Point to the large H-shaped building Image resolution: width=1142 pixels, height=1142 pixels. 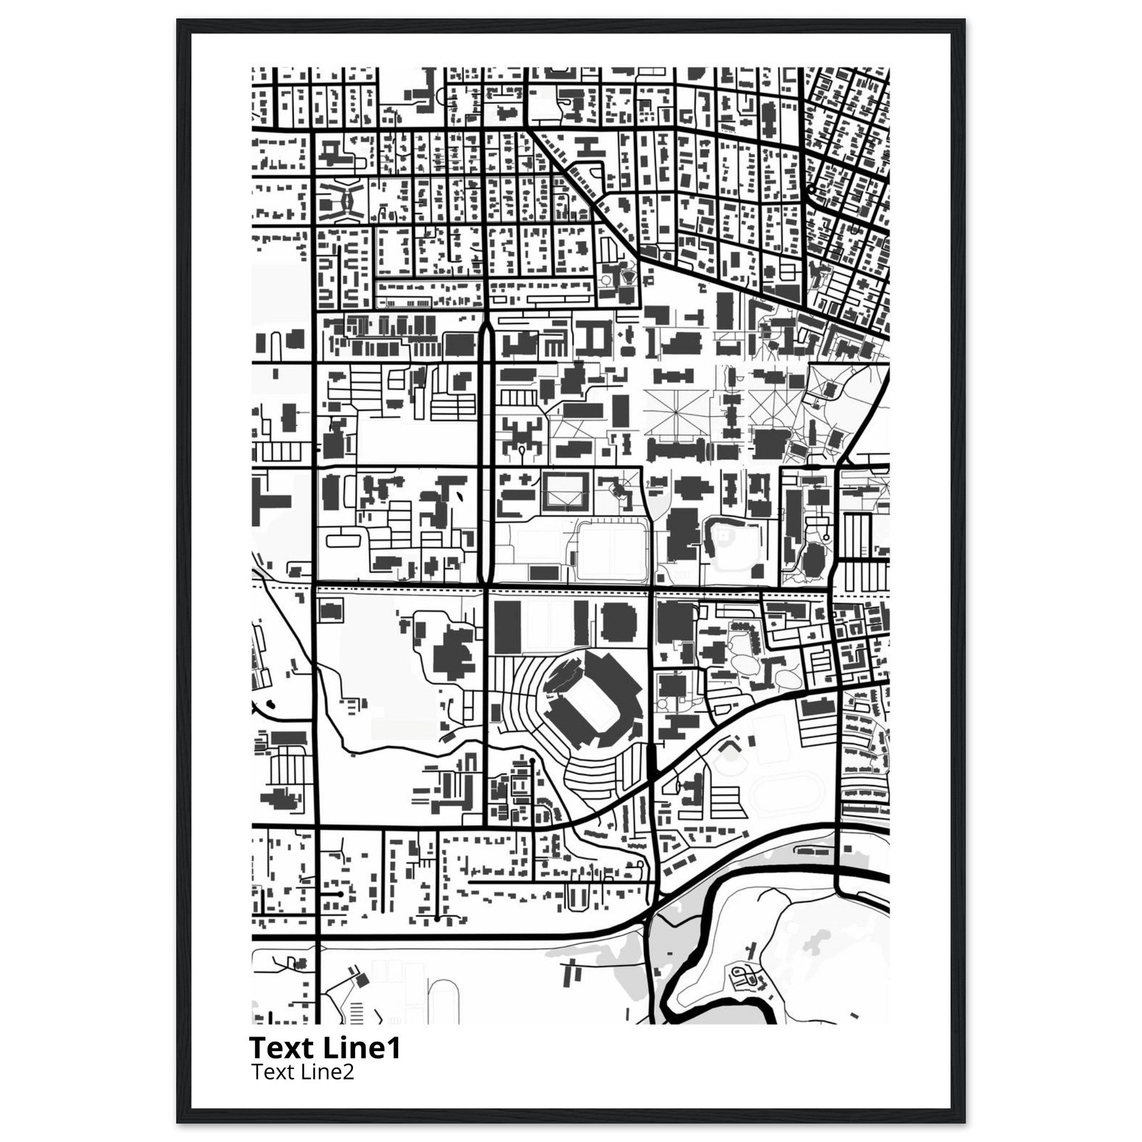coord(586,146)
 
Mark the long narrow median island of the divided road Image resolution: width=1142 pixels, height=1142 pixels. coord(485,449)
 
